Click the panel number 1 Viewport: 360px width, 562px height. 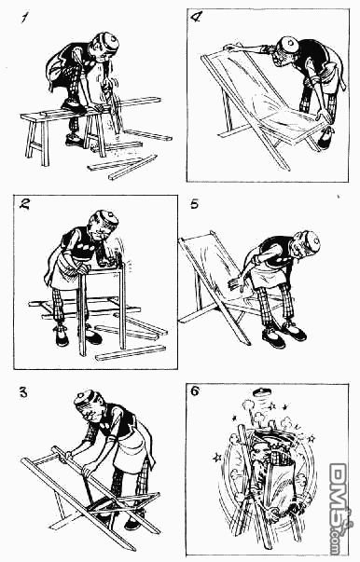click(24, 17)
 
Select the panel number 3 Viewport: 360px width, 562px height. click(23, 392)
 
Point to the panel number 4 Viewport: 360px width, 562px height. click(196, 17)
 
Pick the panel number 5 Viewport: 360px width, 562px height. click(194, 204)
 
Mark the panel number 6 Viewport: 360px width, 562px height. click(195, 391)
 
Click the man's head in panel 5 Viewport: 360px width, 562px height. click(305, 244)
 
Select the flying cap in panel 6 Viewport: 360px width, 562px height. click(261, 391)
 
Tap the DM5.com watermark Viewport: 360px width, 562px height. click(338, 509)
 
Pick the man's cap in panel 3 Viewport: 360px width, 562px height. click(86, 399)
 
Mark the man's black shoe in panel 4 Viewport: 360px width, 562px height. click(325, 139)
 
